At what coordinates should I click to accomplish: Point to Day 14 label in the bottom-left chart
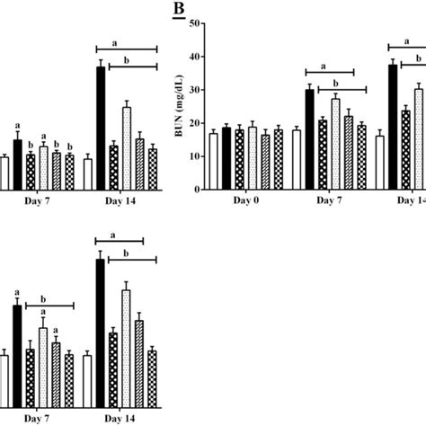(x=120, y=420)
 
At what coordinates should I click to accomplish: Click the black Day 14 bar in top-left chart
(x=101, y=128)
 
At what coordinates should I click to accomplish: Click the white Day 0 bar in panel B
(x=213, y=161)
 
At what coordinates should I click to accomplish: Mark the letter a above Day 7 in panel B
(x=329, y=64)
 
